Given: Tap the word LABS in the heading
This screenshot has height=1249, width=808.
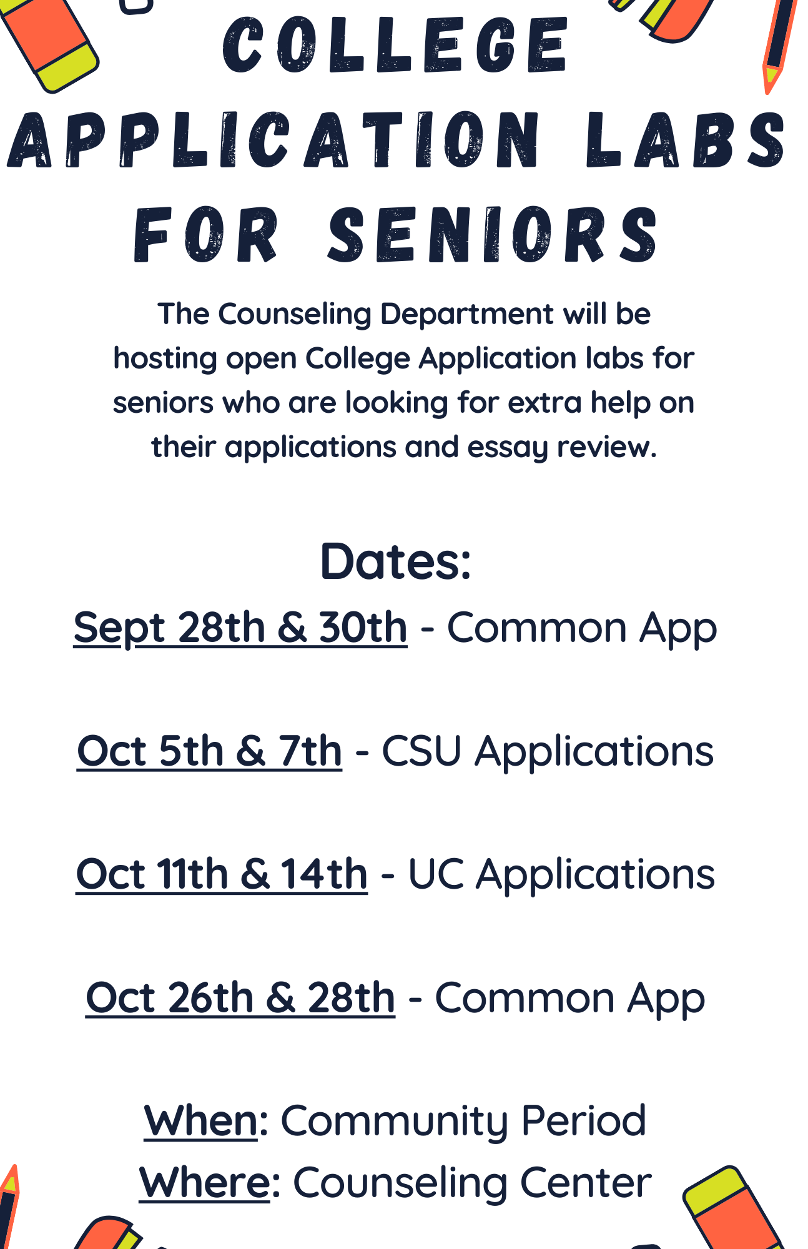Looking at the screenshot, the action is click(x=686, y=140).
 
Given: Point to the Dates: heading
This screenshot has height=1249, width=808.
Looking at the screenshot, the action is click(x=396, y=561).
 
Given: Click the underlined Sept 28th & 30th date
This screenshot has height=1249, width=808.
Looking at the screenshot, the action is click(x=240, y=628).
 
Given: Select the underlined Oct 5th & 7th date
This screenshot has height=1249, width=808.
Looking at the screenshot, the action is click(x=209, y=751).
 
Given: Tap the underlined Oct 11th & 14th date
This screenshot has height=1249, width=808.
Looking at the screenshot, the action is click(x=222, y=874).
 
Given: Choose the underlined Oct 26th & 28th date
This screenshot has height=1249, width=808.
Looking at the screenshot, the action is click(x=240, y=997).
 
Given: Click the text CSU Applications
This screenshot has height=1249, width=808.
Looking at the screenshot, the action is click(x=548, y=751).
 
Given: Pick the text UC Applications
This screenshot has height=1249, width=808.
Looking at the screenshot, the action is click(x=561, y=874).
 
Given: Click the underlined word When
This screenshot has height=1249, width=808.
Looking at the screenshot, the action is click(x=200, y=1120).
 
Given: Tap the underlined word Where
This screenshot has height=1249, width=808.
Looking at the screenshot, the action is click(x=205, y=1182).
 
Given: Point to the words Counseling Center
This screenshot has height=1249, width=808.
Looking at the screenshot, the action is click(x=473, y=1183).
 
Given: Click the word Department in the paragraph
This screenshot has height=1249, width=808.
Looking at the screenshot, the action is click(x=467, y=315).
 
